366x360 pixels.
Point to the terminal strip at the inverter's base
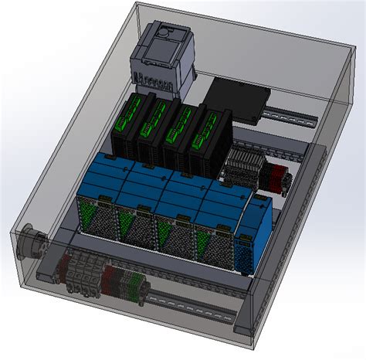(x=151, y=76)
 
